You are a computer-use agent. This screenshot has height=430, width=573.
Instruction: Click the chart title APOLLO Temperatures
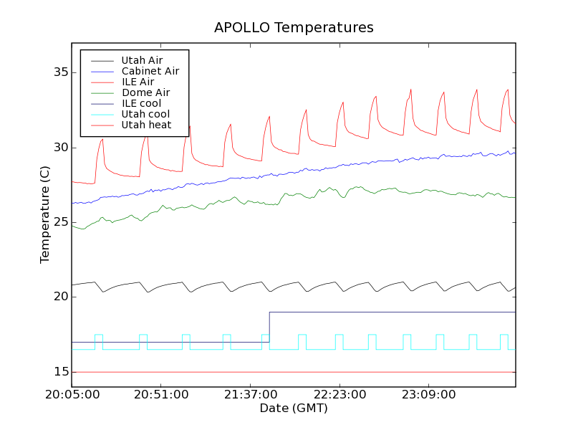click(x=294, y=28)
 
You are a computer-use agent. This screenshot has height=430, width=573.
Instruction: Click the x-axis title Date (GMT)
click(x=294, y=408)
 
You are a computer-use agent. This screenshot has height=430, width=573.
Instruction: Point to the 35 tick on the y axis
click(x=59, y=72)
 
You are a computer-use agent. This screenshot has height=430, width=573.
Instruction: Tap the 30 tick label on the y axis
click(x=59, y=148)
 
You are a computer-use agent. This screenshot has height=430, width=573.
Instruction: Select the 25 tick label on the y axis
click(x=59, y=222)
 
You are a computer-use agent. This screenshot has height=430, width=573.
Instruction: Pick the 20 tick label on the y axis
click(x=59, y=297)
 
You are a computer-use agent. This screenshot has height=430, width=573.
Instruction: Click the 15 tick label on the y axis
click(x=59, y=372)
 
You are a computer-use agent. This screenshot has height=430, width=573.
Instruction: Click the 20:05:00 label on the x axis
click(x=72, y=395)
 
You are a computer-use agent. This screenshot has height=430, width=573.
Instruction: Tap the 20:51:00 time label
click(x=161, y=395)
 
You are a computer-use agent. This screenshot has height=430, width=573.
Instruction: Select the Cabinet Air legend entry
click(x=150, y=71)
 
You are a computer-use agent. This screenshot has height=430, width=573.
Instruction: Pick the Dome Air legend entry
click(x=145, y=92)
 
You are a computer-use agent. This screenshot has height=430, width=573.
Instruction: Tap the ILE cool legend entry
click(x=141, y=103)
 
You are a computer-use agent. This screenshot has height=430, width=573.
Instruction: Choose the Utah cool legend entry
click(x=145, y=114)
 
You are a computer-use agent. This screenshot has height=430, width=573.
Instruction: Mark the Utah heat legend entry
click(x=146, y=125)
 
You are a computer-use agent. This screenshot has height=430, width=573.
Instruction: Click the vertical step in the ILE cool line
click(x=269, y=327)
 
